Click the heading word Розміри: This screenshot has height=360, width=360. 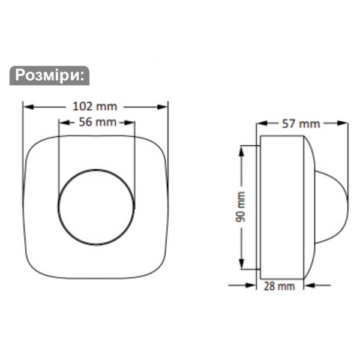(50, 76)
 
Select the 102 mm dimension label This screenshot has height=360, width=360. (95, 107)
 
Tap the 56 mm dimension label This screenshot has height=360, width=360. (97, 122)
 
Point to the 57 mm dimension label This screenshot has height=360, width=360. (302, 124)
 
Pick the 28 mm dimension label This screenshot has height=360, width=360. (280, 286)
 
